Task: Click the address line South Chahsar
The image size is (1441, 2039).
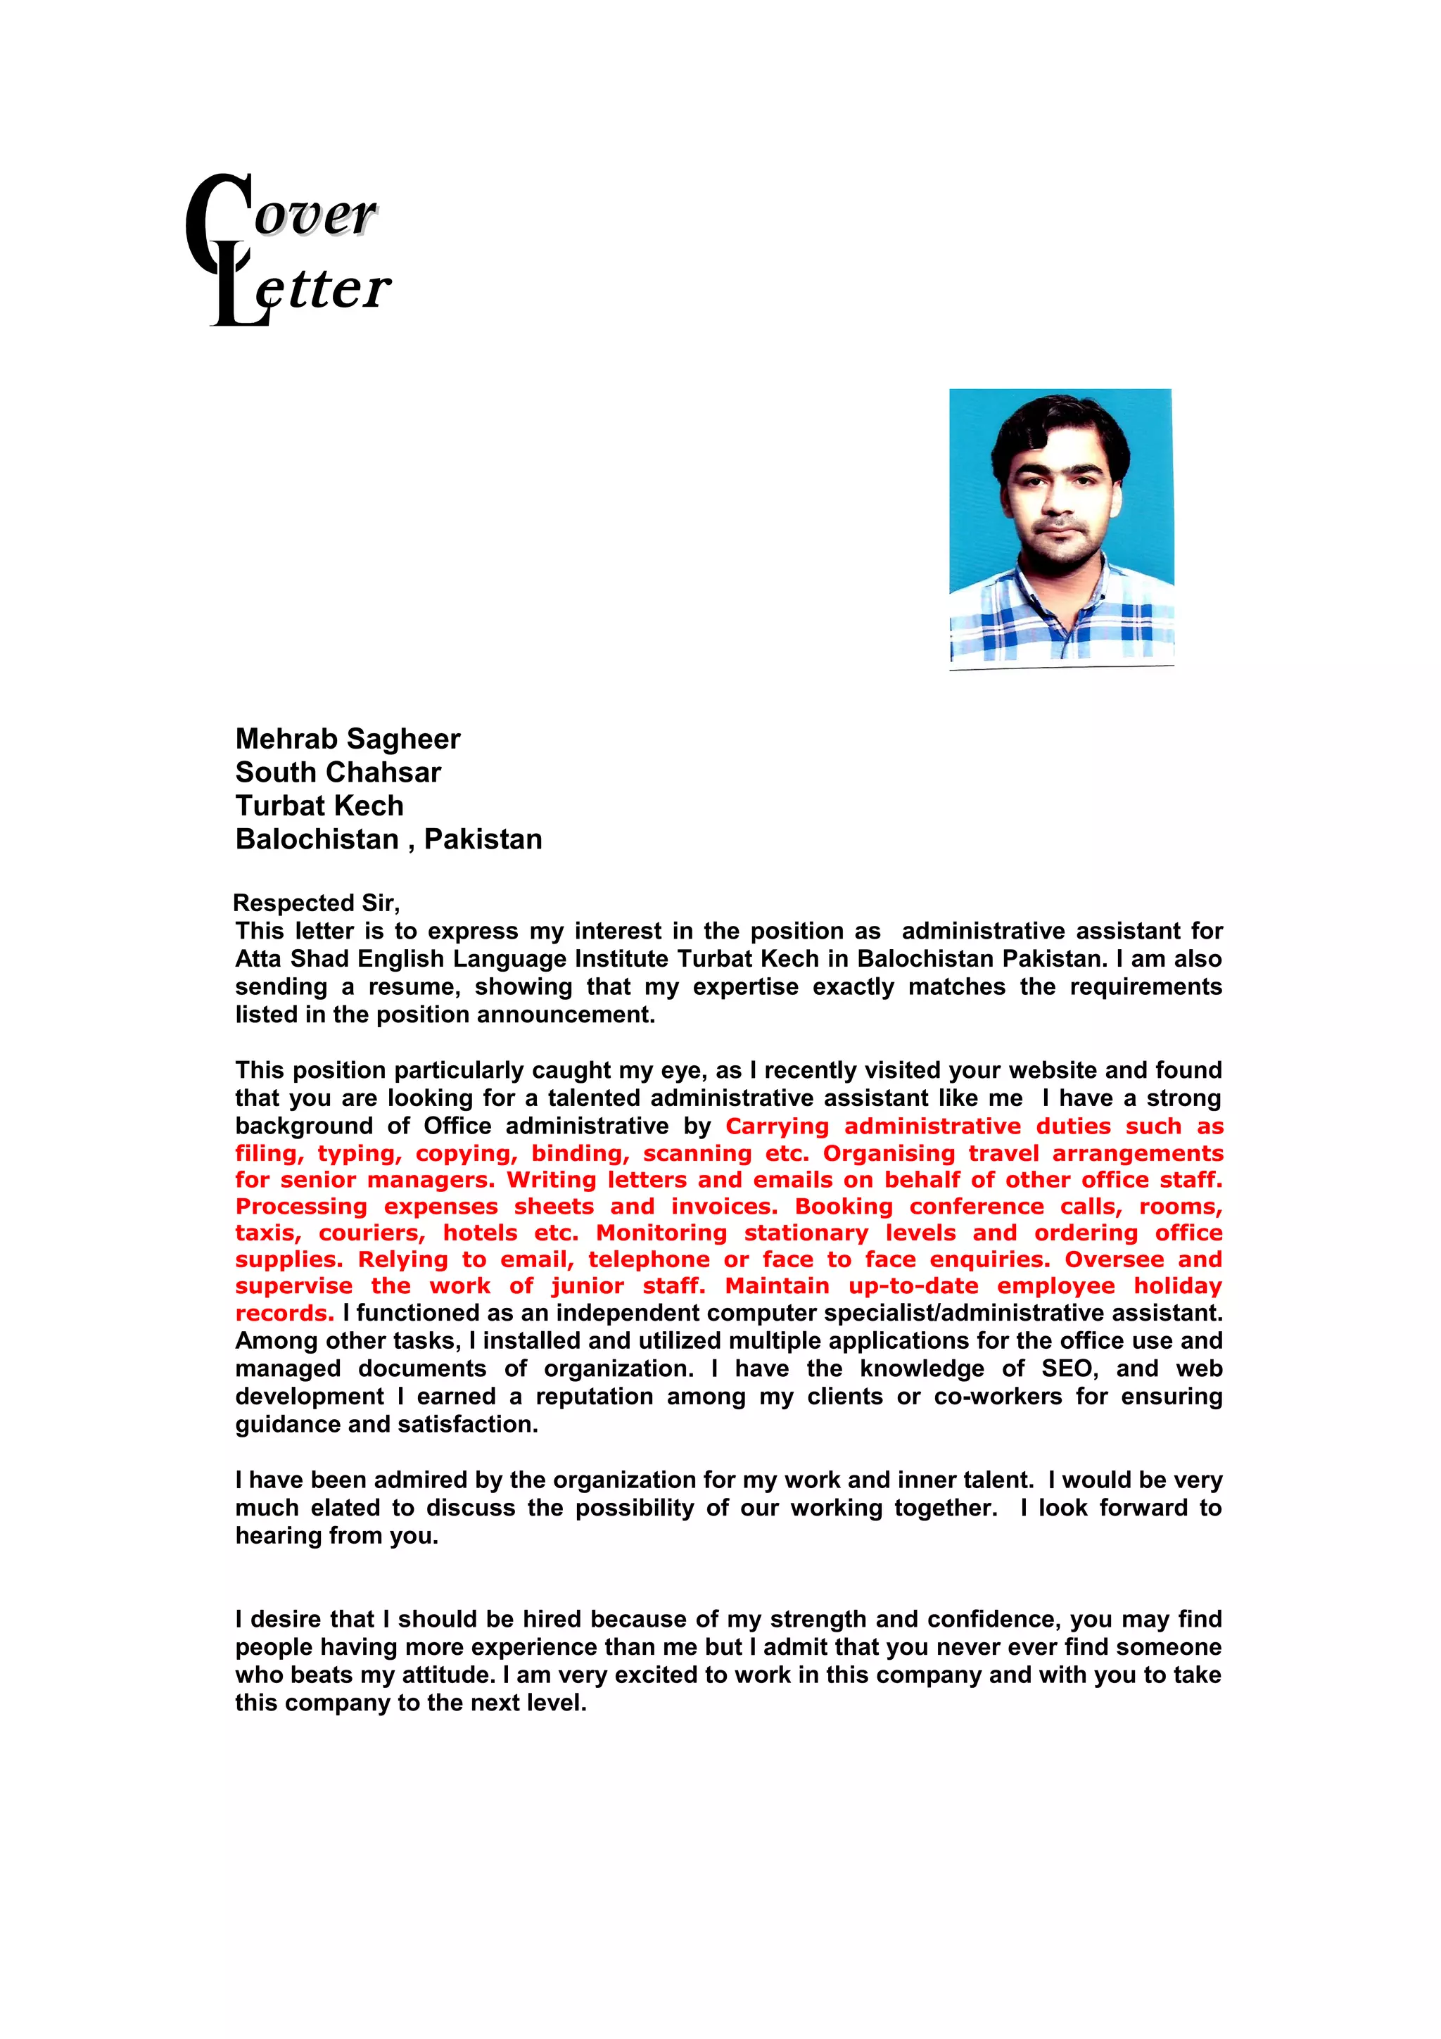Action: [338, 772]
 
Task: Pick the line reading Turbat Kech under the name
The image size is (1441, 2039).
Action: [319, 806]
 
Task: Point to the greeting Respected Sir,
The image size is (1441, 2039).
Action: [316, 903]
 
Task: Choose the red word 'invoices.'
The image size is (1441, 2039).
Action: [723, 1206]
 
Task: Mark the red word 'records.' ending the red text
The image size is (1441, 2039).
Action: [284, 1314]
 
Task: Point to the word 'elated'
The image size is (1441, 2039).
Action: [350, 1507]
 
